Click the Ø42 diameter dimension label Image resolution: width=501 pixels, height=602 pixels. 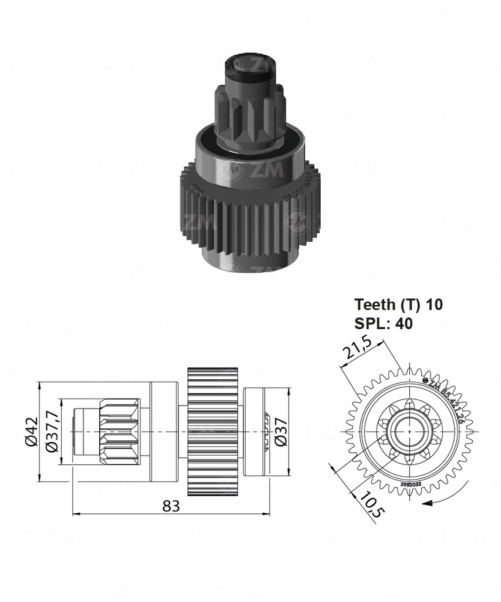click(x=31, y=432)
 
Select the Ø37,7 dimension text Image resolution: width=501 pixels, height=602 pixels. click(x=51, y=432)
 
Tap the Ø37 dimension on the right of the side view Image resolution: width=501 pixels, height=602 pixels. click(x=281, y=432)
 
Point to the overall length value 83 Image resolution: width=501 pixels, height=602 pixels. click(x=171, y=507)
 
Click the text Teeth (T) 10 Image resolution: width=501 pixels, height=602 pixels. click(x=398, y=305)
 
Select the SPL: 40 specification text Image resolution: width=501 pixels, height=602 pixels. click(x=384, y=323)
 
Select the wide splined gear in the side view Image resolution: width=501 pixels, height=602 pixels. click(x=212, y=432)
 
